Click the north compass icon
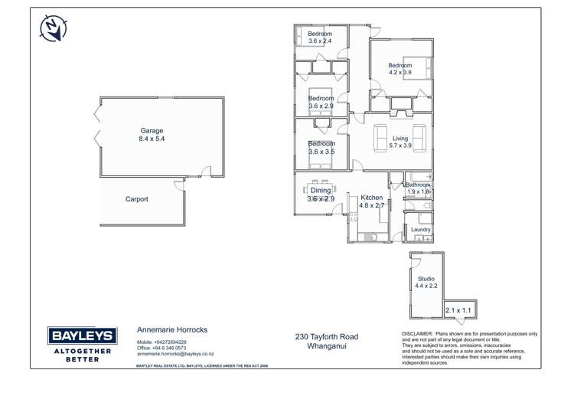(x=51, y=28)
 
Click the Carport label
(x=137, y=199)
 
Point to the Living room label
(x=400, y=138)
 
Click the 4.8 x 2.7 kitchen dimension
(x=372, y=206)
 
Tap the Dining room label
(x=321, y=190)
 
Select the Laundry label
(x=420, y=230)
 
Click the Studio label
(x=426, y=279)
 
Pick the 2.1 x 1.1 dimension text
(x=460, y=310)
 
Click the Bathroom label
(x=418, y=185)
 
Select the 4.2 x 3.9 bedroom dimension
(x=400, y=73)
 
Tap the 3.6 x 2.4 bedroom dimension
(x=320, y=42)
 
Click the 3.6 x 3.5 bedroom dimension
(x=321, y=152)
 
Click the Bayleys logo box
(x=83, y=336)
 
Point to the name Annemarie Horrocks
(x=171, y=329)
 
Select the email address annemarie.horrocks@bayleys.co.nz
(x=174, y=355)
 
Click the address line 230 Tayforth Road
(x=326, y=337)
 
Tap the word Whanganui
(x=326, y=346)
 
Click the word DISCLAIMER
(x=417, y=335)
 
